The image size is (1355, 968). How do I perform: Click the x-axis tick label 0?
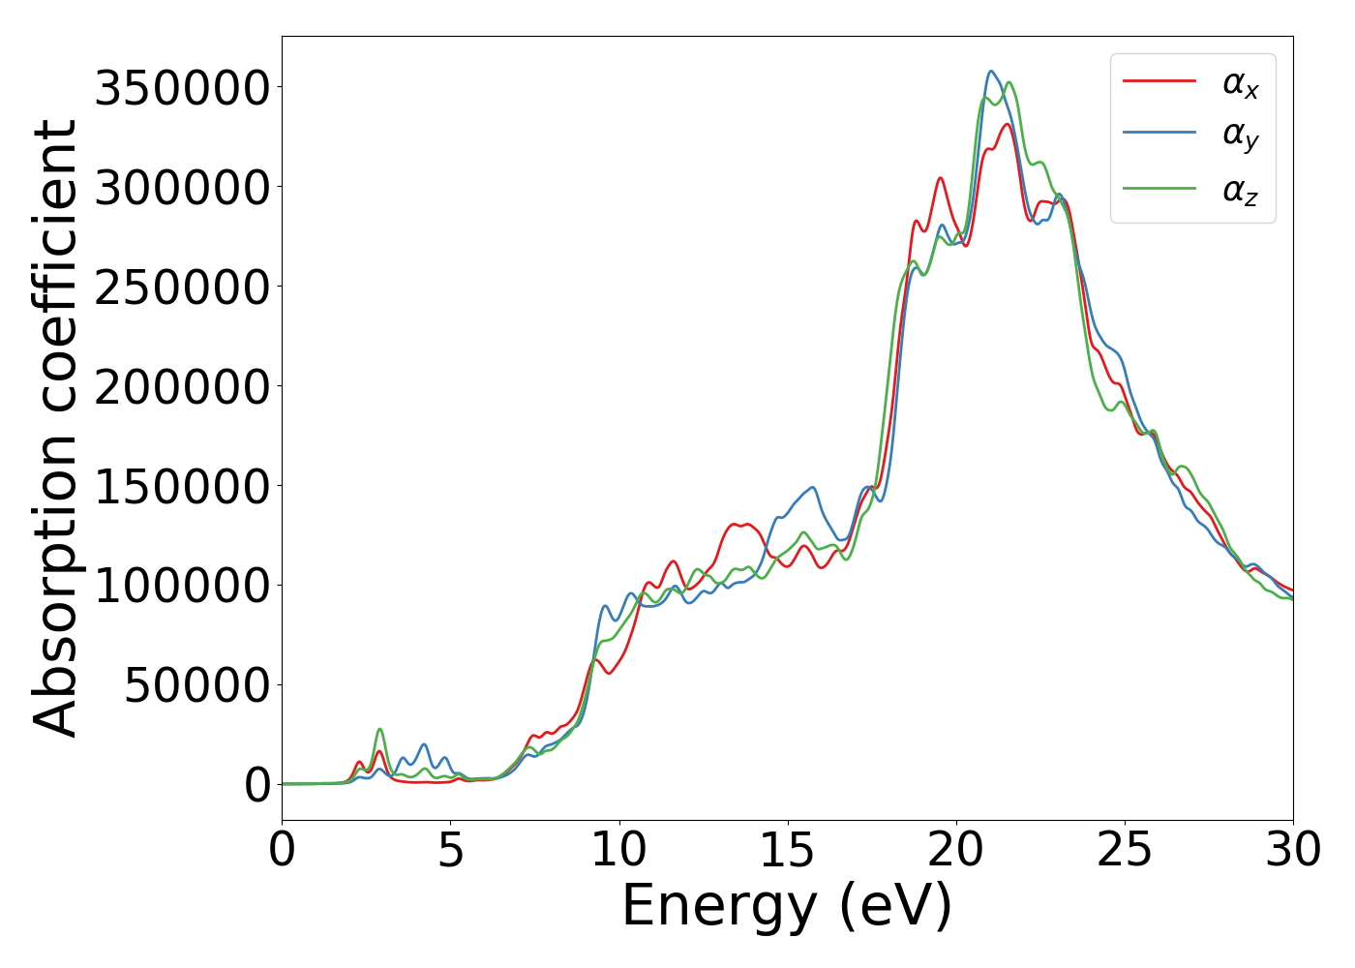pyautogui.click(x=282, y=851)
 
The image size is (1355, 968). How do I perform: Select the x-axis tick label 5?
pyautogui.click(x=450, y=851)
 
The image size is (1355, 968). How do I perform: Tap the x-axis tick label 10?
pyautogui.click(x=619, y=851)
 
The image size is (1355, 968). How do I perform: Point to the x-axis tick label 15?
pyautogui.click(x=788, y=851)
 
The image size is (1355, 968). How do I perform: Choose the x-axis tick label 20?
pyautogui.click(x=956, y=851)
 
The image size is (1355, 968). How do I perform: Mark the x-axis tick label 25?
pyautogui.click(x=1125, y=851)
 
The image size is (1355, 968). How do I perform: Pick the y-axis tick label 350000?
pyautogui.click(x=182, y=88)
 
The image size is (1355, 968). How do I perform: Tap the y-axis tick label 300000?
pyautogui.click(x=182, y=188)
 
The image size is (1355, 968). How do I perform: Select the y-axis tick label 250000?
pyautogui.click(x=182, y=287)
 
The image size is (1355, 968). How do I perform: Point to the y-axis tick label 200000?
pyautogui.click(x=182, y=387)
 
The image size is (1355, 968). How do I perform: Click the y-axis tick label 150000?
pyautogui.click(x=182, y=487)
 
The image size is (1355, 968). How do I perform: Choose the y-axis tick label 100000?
pyautogui.click(x=182, y=587)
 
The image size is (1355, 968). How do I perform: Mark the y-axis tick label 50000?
pyautogui.click(x=197, y=686)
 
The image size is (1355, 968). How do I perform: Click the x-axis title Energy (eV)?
pyautogui.click(x=787, y=907)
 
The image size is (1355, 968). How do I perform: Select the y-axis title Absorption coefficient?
pyautogui.click(x=54, y=429)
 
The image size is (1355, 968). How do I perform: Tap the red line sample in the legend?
pyautogui.click(x=1159, y=81)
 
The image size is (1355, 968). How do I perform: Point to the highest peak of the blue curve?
pyautogui.click(x=990, y=71)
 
